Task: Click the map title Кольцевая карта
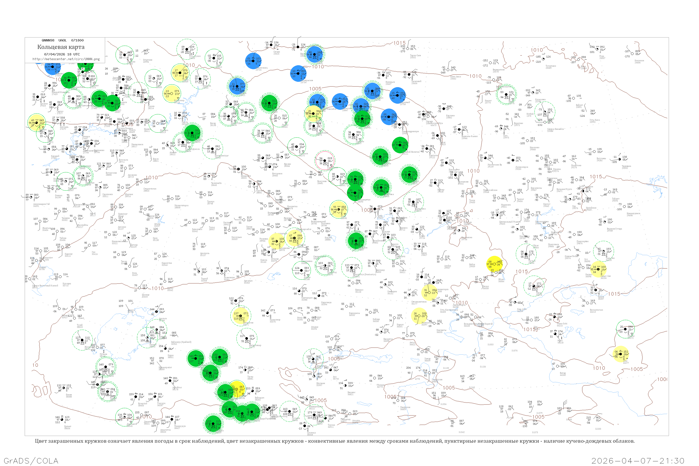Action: click(x=61, y=47)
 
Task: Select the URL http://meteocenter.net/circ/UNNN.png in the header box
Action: click(x=66, y=59)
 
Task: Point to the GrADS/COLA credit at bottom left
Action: click(x=31, y=461)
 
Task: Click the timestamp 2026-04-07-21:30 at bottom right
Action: click(x=638, y=461)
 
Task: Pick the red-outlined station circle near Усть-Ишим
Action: click(x=325, y=161)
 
